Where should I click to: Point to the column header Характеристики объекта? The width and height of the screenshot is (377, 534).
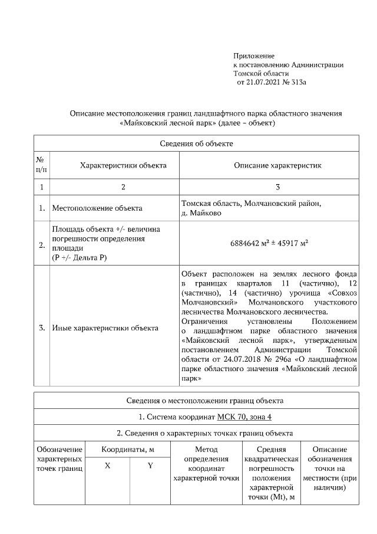[x=123, y=165]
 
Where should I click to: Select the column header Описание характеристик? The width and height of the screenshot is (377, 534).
[x=277, y=165]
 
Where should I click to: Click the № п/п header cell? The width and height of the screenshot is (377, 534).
[x=41, y=165]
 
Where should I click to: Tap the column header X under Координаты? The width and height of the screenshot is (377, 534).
[x=107, y=466]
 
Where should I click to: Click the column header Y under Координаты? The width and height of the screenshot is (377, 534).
[x=150, y=466]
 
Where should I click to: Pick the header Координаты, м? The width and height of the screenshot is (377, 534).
[x=128, y=450]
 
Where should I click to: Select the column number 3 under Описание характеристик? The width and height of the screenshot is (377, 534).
[x=277, y=187]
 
